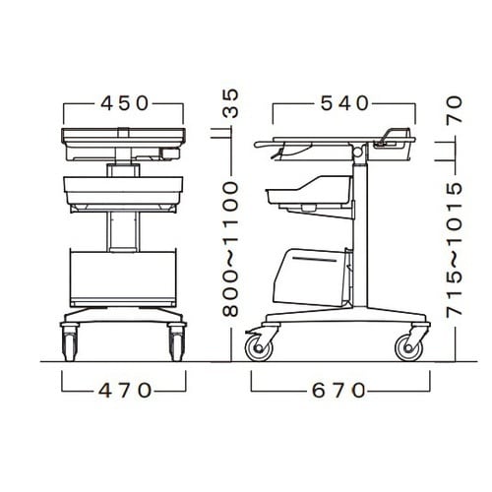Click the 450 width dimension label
point(125,103)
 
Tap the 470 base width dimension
point(125,391)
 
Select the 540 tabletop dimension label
point(344,103)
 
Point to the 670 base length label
point(338,391)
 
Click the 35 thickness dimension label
point(230,103)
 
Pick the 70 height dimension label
point(455,109)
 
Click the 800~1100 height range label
point(230,249)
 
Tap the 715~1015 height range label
point(455,248)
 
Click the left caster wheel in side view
point(259,348)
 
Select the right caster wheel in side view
point(408,348)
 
